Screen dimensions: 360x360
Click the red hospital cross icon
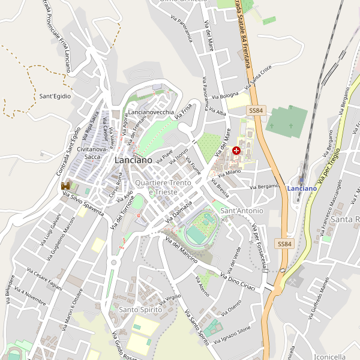point(237,151)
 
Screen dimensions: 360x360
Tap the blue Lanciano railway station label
point(302,188)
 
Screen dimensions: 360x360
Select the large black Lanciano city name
point(133,160)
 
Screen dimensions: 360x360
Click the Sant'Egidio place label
point(55,96)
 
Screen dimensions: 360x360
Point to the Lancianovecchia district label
point(151,112)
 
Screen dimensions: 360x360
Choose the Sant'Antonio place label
point(242,211)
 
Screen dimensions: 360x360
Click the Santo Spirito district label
point(141,309)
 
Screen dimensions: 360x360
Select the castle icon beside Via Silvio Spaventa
point(65,186)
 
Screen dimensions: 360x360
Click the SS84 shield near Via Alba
point(256,110)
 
